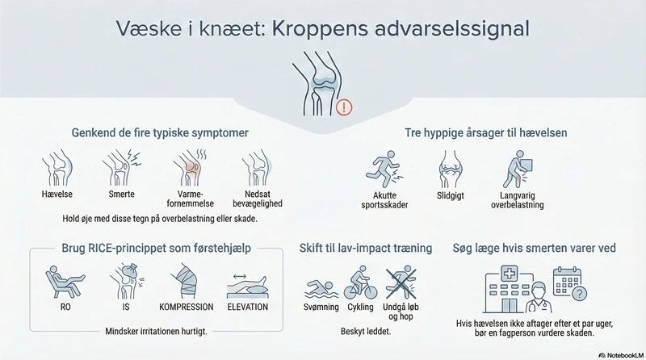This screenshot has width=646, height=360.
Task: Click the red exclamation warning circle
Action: (x=345, y=106)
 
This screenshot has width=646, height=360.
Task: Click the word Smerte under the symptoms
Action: (x=124, y=195)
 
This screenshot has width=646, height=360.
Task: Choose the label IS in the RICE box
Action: (x=124, y=307)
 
